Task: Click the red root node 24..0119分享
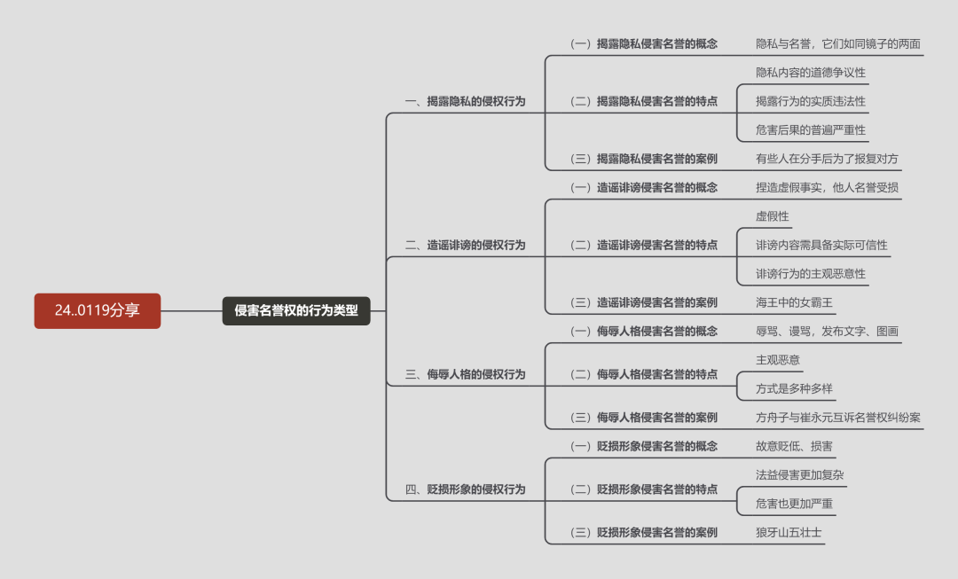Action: (x=98, y=310)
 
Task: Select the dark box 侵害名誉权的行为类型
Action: (x=295, y=310)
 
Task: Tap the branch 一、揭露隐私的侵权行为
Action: (x=465, y=101)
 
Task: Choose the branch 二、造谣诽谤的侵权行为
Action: (x=465, y=245)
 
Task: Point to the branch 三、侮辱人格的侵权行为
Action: (x=465, y=374)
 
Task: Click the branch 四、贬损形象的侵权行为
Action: (x=465, y=489)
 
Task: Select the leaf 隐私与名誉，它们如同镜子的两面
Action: (x=837, y=43)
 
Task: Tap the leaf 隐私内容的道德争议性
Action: (x=810, y=73)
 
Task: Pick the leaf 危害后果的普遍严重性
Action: (x=810, y=129)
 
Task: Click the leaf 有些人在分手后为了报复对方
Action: (x=827, y=159)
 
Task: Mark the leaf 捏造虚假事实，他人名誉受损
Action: (x=827, y=187)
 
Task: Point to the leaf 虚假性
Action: (x=772, y=216)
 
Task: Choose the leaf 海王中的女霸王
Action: (x=794, y=302)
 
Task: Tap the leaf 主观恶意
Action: (x=777, y=360)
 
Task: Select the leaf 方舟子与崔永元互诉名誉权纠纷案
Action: (x=837, y=417)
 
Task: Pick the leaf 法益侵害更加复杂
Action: (x=799, y=474)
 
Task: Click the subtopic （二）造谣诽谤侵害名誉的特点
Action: (x=643, y=245)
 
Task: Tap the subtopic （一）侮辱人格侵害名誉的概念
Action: (x=643, y=331)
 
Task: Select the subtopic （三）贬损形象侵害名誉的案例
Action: (x=643, y=532)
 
